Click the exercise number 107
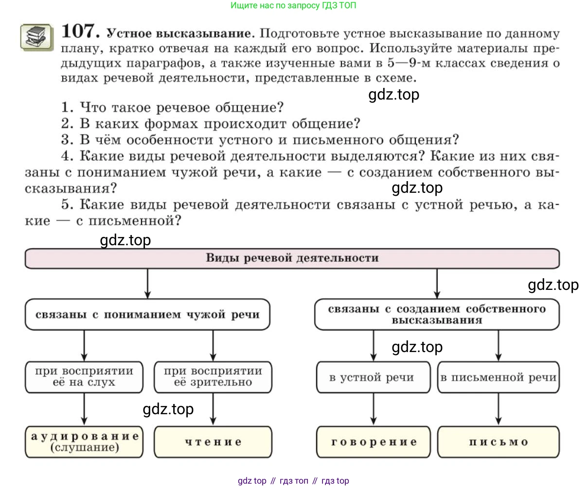click(80, 32)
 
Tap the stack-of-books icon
click(36, 37)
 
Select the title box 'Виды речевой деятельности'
click(292, 258)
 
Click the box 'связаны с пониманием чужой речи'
click(147, 315)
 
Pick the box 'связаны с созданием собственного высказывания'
click(436, 315)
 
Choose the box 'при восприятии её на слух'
click(84, 377)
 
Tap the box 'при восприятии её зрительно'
click(213, 377)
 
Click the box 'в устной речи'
click(373, 377)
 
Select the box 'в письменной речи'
click(498, 377)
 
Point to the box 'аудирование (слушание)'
click(84, 442)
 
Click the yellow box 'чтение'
click(213, 442)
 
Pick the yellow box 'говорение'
click(373, 442)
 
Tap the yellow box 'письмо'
click(498, 442)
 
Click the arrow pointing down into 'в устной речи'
click(373, 346)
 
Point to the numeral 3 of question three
click(67, 140)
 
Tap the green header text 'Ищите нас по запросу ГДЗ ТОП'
click(293, 6)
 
